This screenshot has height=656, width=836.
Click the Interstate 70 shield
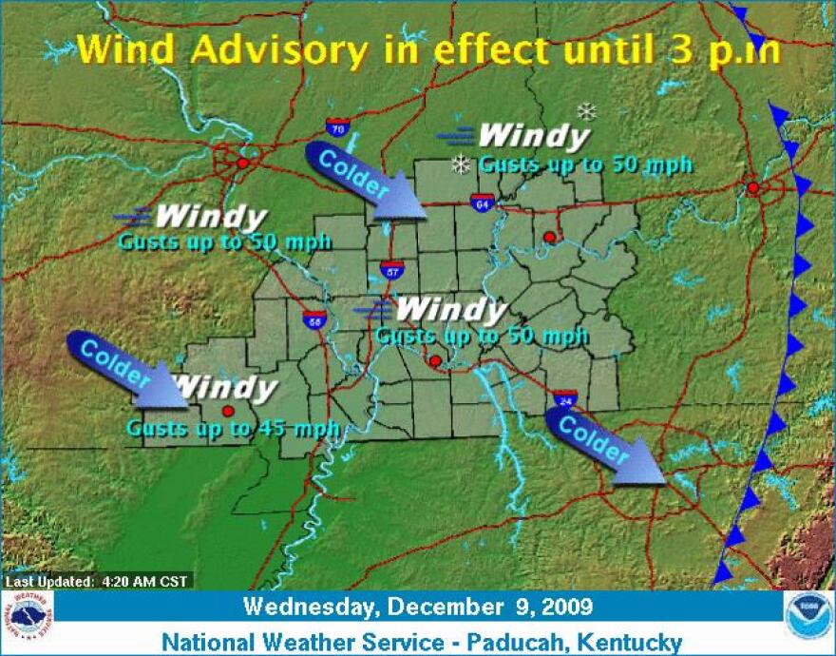point(335,127)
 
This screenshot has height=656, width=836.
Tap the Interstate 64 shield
point(480,201)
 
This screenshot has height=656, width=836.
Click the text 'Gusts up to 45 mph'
point(233,429)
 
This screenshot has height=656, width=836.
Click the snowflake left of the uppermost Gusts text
point(462,164)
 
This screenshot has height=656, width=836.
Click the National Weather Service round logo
point(28,618)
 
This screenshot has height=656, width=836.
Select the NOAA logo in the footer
point(808,618)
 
